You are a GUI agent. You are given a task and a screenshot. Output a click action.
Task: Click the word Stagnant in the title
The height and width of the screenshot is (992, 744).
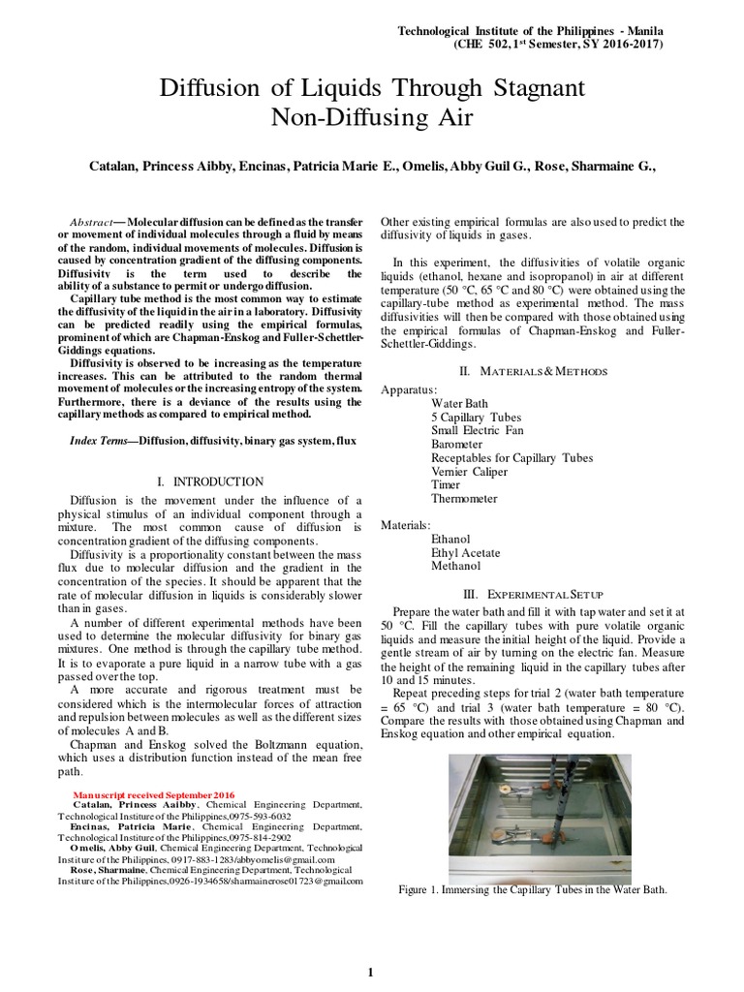(532, 88)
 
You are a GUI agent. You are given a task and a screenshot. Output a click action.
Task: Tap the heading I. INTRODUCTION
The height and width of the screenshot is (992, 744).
(210, 481)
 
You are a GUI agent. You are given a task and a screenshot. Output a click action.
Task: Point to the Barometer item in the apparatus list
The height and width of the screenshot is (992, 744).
(461, 444)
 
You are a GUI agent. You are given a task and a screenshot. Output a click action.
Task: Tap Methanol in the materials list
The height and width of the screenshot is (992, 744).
(455, 566)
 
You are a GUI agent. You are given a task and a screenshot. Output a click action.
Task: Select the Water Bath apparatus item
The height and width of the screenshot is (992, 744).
(460, 403)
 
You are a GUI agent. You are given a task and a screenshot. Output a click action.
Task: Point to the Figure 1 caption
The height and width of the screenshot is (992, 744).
(533, 889)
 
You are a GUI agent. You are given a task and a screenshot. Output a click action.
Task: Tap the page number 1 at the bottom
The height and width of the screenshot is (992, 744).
(370, 973)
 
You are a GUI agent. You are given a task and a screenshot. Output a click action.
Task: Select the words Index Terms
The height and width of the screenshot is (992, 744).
(100, 440)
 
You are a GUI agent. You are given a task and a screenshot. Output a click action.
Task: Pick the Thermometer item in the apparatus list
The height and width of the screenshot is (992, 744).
(464, 498)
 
